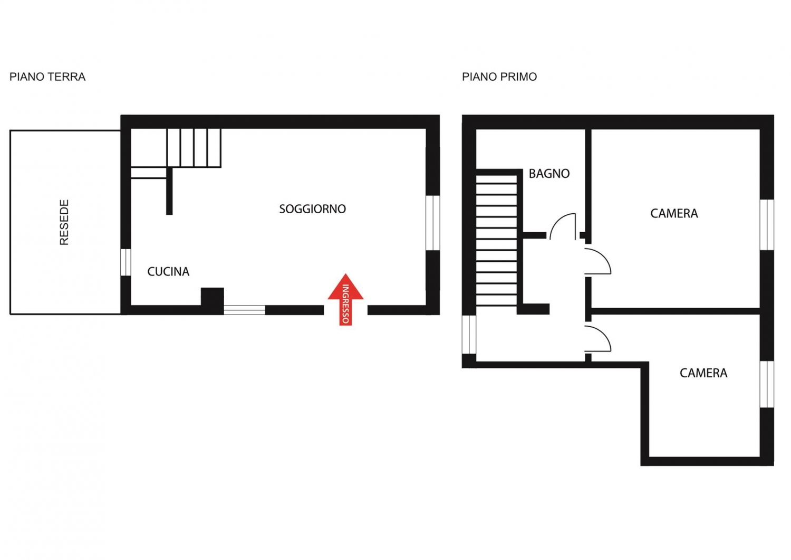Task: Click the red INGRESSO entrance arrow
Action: (x=345, y=299)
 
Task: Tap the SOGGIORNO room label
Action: (x=313, y=209)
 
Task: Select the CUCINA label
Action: (x=168, y=271)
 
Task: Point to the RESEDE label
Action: (x=64, y=222)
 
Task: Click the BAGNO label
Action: (x=549, y=174)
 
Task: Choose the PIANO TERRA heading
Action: (x=47, y=77)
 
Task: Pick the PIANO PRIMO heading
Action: (x=499, y=77)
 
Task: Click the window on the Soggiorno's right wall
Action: (x=432, y=223)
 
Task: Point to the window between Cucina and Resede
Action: (x=126, y=262)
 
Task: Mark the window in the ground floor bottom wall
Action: (x=244, y=310)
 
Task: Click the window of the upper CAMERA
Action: (x=767, y=225)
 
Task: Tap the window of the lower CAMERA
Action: (x=767, y=384)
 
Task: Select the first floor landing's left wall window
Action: (x=469, y=335)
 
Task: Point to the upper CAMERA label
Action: (x=674, y=214)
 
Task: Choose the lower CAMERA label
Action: (x=703, y=373)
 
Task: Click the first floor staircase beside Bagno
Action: (x=497, y=239)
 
